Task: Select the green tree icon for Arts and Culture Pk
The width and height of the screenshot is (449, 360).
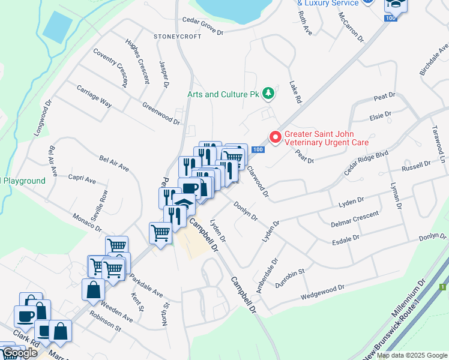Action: (270, 94)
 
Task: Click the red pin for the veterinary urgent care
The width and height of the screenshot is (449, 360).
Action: (276, 138)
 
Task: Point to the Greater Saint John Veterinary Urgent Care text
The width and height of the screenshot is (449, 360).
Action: (326, 138)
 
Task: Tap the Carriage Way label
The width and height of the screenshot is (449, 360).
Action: (94, 95)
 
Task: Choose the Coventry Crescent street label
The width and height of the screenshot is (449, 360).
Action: (110, 65)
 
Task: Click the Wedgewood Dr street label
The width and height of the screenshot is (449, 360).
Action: (323, 293)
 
